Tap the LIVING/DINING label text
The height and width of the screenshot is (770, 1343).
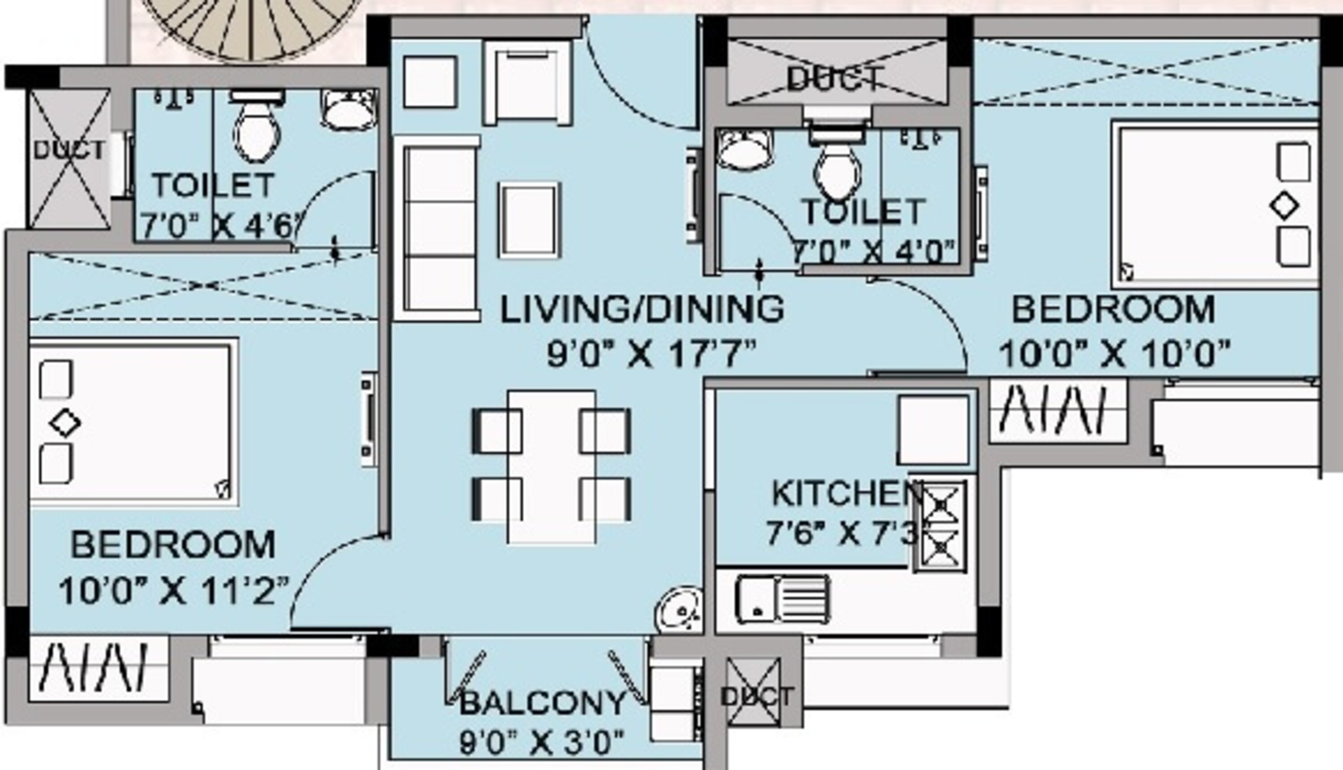(642, 310)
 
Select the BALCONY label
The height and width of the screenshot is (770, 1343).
(543, 703)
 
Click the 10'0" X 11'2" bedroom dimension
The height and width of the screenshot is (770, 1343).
(175, 591)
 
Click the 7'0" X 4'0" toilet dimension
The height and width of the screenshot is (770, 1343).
(875, 252)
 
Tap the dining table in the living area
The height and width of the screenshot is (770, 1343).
(552, 466)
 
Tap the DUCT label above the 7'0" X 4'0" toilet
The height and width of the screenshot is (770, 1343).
(835, 79)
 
